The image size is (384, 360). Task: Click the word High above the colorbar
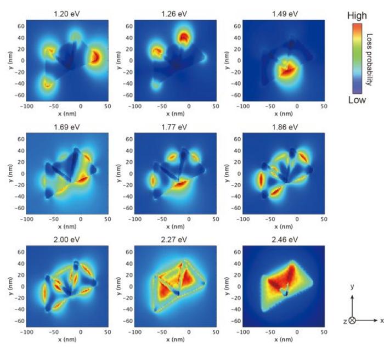coord(357,16)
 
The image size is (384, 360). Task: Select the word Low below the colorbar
coord(357,100)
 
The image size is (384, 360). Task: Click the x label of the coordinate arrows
coord(381,320)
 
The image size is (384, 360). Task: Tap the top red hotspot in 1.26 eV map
coord(184,36)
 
